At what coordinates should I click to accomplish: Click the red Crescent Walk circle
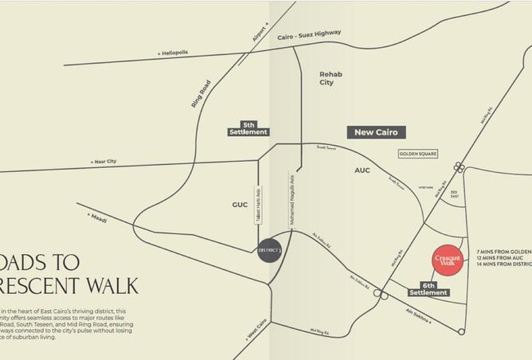pyautogui.click(x=448, y=260)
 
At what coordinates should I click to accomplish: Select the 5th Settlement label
pyautogui.click(x=248, y=128)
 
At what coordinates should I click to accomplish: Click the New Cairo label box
pyautogui.click(x=376, y=131)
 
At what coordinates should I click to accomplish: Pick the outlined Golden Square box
pyautogui.click(x=419, y=154)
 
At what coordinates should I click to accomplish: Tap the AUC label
pyautogui.click(x=362, y=170)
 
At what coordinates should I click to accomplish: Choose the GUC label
pyautogui.click(x=240, y=205)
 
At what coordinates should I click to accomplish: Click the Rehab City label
pyautogui.click(x=331, y=78)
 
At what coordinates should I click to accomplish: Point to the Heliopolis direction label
pyautogui.click(x=172, y=53)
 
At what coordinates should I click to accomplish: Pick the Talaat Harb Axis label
pyautogui.click(x=258, y=205)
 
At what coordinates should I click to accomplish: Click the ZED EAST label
pyautogui.click(x=453, y=195)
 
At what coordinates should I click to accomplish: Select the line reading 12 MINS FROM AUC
pyautogui.click(x=503, y=257)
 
